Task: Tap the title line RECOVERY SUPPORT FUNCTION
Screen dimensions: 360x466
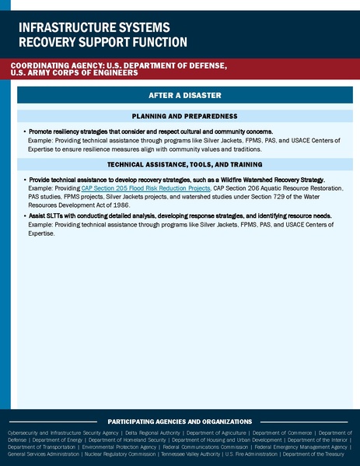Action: click(x=102, y=41)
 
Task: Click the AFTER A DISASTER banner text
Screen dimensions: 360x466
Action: click(x=185, y=95)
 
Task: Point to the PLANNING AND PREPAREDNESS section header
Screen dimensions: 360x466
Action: click(x=185, y=115)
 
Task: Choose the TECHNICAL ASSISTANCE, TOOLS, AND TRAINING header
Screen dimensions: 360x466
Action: click(x=185, y=166)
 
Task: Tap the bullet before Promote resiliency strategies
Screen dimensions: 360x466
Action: click(x=25, y=133)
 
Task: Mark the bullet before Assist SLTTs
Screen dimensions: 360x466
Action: click(x=25, y=215)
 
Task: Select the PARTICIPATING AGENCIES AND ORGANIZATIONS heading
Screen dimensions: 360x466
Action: click(x=180, y=421)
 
